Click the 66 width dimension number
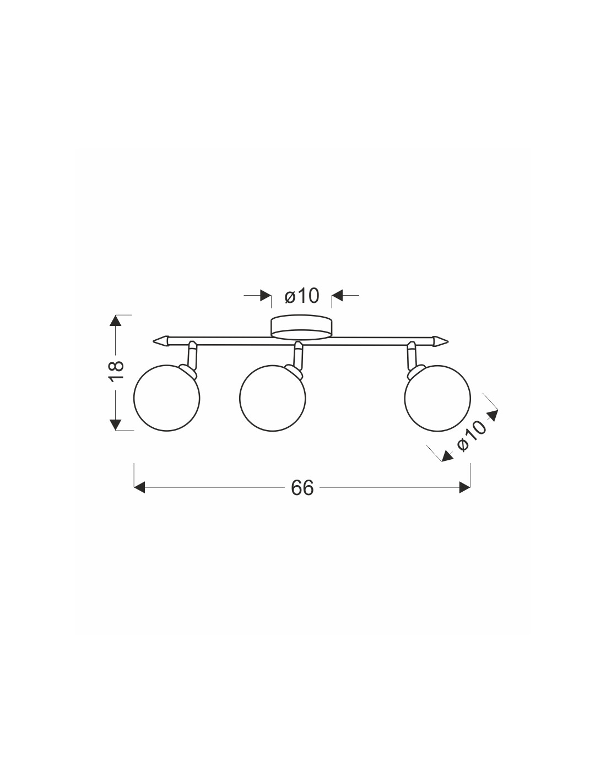pyautogui.click(x=302, y=488)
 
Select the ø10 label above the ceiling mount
pyautogui.click(x=302, y=296)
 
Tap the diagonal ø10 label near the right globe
pyautogui.click(x=472, y=435)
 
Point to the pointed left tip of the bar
pyautogui.click(x=154, y=340)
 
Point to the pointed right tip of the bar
pyautogui.click(x=448, y=340)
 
